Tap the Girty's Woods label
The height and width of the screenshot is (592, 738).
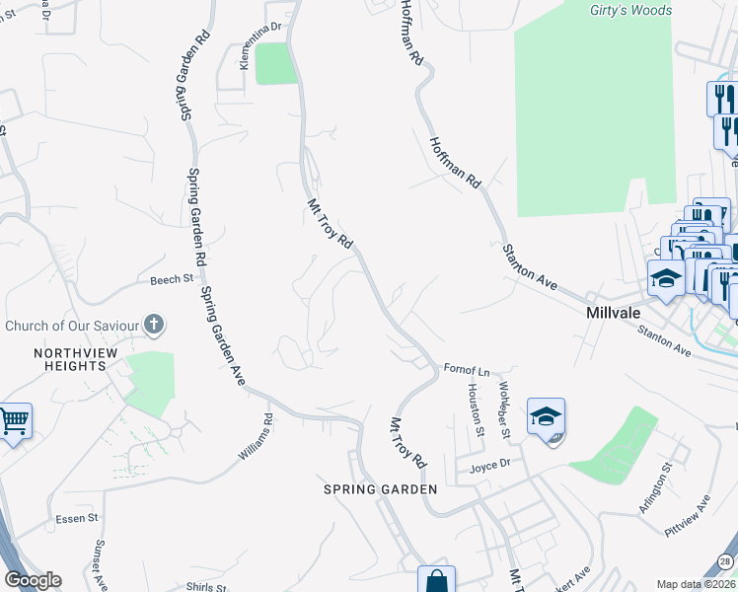click(x=630, y=11)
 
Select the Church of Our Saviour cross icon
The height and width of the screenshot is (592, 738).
click(x=154, y=325)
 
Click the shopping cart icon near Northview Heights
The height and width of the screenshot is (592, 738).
click(x=14, y=421)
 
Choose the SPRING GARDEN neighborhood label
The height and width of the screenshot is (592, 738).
click(x=381, y=489)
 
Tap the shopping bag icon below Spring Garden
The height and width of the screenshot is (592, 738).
click(x=435, y=581)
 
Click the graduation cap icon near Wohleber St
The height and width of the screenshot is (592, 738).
click(x=546, y=416)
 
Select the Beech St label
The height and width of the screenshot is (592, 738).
click(x=171, y=280)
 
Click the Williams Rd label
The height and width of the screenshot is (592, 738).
click(x=254, y=439)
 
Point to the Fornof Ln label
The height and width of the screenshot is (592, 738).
click(x=467, y=371)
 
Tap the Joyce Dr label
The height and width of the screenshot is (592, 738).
click(x=489, y=466)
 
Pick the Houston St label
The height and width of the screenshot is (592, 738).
click(x=475, y=410)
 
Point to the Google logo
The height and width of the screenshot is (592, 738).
click(x=33, y=580)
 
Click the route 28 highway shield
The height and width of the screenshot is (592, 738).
click(x=725, y=561)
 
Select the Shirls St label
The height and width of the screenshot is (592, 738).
click(x=205, y=586)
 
